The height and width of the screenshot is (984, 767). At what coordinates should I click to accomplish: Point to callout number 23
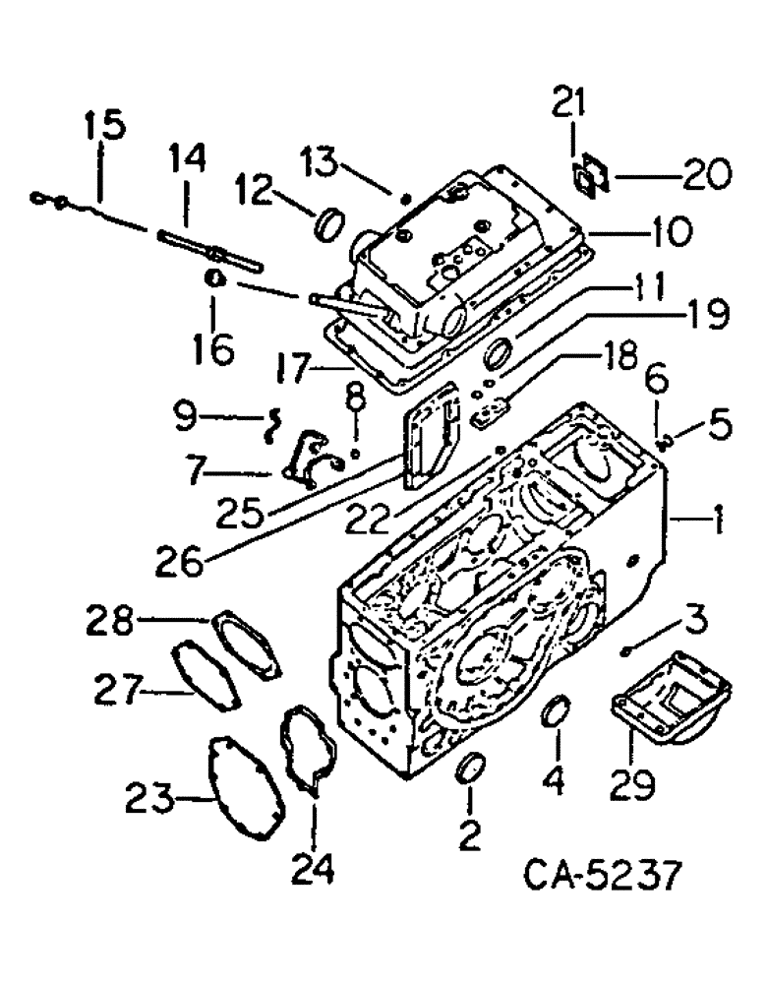coord(148,799)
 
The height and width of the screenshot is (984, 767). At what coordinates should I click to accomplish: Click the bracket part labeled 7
coord(306,460)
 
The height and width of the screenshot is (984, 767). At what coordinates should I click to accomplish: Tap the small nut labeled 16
coord(217,280)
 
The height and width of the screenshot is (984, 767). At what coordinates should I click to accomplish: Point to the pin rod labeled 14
coord(206,247)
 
